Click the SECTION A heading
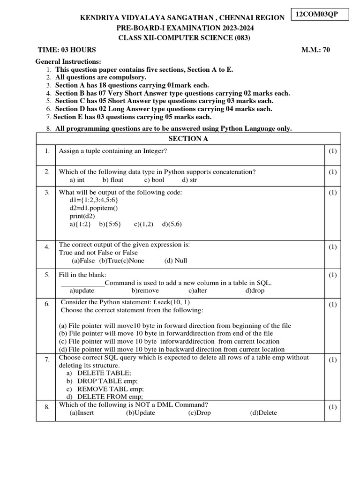pos(188,139)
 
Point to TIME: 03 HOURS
pos(67,50)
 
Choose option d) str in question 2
pos(189,180)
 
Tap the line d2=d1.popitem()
pos(94,208)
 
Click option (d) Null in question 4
pos(176,261)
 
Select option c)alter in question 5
pos(198,291)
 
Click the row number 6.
pos(47,304)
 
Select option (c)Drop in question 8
pos(200,413)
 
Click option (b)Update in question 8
pos(140,413)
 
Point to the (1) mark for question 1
pos(332,151)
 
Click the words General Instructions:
pos(68,62)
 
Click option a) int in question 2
pos(77,180)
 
